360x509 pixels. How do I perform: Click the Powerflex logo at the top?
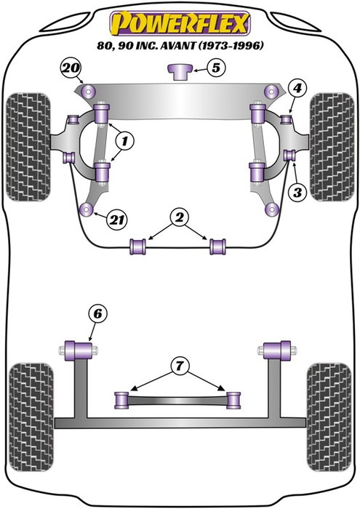pyautogui.click(x=180, y=23)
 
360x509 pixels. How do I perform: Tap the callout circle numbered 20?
pyautogui.click(x=69, y=69)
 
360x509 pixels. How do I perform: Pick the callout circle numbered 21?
pyautogui.click(x=115, y=218)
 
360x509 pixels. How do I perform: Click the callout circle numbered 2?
pyautogui.click(x=178, y=216)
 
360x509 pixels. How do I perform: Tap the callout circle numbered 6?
pyautogui.click(x=97, y=315)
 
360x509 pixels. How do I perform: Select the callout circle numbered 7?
pyautogui.click(x=178, y=364)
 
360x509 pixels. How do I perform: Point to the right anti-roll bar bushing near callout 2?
pyautogui.click(x=217, y=247)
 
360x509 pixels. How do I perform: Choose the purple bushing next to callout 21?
pyautogui.click(x=89, y=212)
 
